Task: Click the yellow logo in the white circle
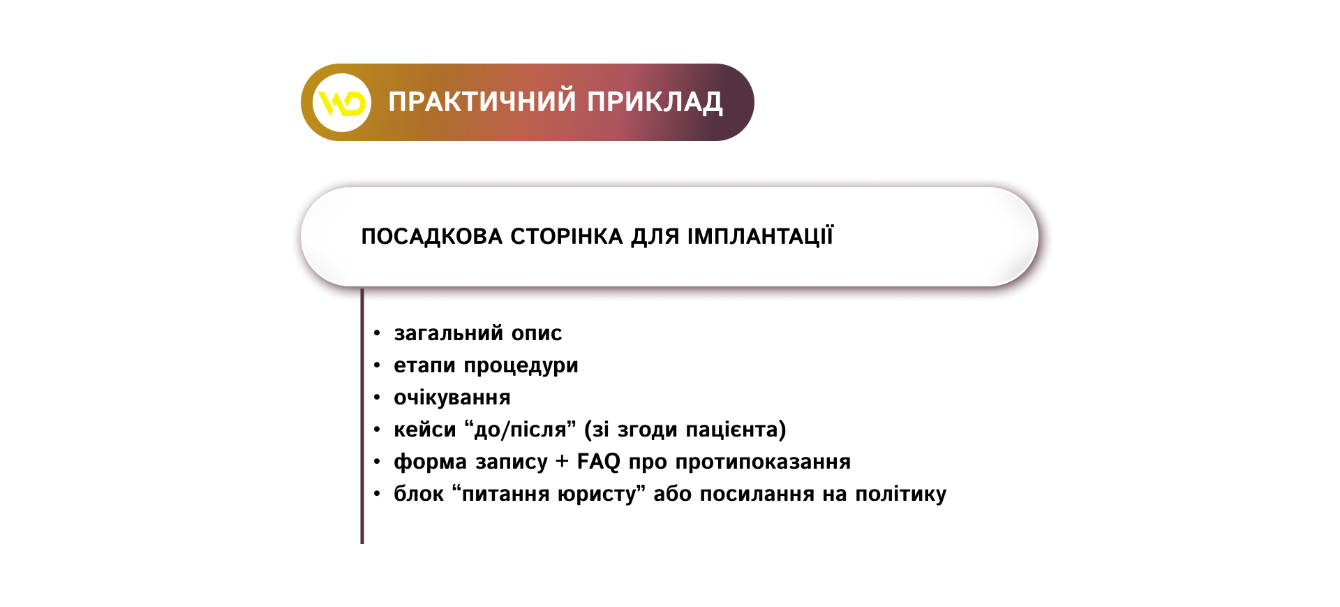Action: pyautogui.click(x=342, y=103)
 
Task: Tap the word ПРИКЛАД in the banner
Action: pyautogui.click(x=655, y=103)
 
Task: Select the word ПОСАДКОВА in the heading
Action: pyautogui.click(x=432, y=237)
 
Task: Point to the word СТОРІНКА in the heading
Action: pyautogui.click(x=567, y=236)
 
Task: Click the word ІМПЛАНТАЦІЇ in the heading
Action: pyautogui.click(x=760, y=236)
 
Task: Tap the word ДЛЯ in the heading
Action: pyautogui.click(x=655, y=237)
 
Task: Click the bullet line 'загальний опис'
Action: pyautogui.click(x=478, y=333)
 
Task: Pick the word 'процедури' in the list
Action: pyautogui.click(x=521, y=366)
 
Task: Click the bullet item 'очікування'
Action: pyautogui.click(x=452, y=397)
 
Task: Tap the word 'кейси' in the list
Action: pyautogui.click(x=424, y=430)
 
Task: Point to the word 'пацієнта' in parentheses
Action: pyautogui.click(x=733, y=430)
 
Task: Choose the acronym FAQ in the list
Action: pyautogui.click(x=598, y=462)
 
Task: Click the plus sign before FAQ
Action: pyautogui.click(x=563, y=462)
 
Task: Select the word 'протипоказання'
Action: pyautogui.click(x=763, y=462)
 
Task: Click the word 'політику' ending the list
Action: pyautogui.click(x=901, y=494)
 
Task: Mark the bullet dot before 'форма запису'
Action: pyautogui.click(x=377, y=462)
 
